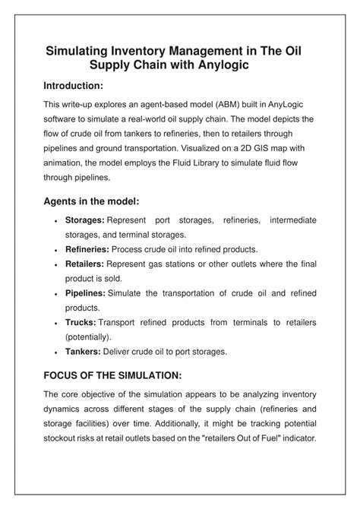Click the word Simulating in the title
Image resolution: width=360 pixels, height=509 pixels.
click(x=81, y=52)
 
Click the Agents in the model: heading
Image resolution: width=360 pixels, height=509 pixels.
click(x=91, y=202)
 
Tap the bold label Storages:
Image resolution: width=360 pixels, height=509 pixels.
click(x=84, y=220)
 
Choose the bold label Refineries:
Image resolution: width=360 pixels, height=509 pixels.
click(x=87, y=249)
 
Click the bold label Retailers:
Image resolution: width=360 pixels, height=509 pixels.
click(x=84, y=264)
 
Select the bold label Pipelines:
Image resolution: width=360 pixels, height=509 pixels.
click(x=85, y=293)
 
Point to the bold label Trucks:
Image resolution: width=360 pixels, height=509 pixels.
click(x=81, y=322)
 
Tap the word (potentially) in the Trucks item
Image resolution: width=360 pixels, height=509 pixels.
click(x=88, y=337)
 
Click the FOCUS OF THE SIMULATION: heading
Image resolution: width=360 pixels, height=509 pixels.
click(x=112, y=375)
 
